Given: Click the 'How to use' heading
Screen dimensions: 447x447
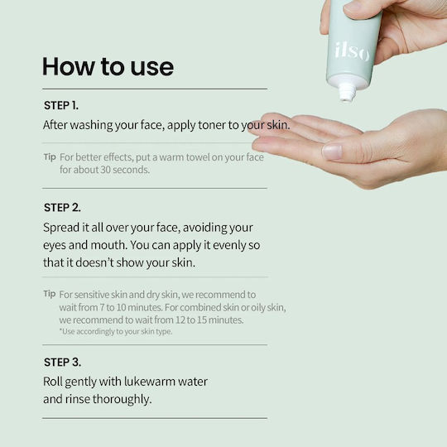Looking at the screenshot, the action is click(x=108, y=67).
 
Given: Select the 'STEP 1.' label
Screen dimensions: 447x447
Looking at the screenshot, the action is click(x=61, y=105).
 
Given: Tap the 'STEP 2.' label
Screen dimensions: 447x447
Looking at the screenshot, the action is click(x=62, y=208).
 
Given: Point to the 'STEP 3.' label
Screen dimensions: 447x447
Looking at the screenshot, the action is click(x=62, y=362).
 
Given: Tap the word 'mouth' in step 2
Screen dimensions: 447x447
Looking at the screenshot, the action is click(x=108, y=245).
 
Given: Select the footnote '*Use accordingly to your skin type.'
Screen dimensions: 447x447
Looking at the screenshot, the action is click(x=116, y=331).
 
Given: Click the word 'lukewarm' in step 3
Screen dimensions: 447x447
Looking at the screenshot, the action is click(x=151, y=382).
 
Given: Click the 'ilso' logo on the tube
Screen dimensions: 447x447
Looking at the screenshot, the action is click(x=353, y=51).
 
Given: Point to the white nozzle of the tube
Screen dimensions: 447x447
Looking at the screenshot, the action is click(x=347, y=92).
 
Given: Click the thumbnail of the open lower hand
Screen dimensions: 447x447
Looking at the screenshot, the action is click(x=332, y=151).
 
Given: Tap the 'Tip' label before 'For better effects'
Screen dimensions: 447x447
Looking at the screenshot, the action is click(x=50, y=156).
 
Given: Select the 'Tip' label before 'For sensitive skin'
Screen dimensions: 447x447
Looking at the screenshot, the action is click(x=50, y=294).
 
